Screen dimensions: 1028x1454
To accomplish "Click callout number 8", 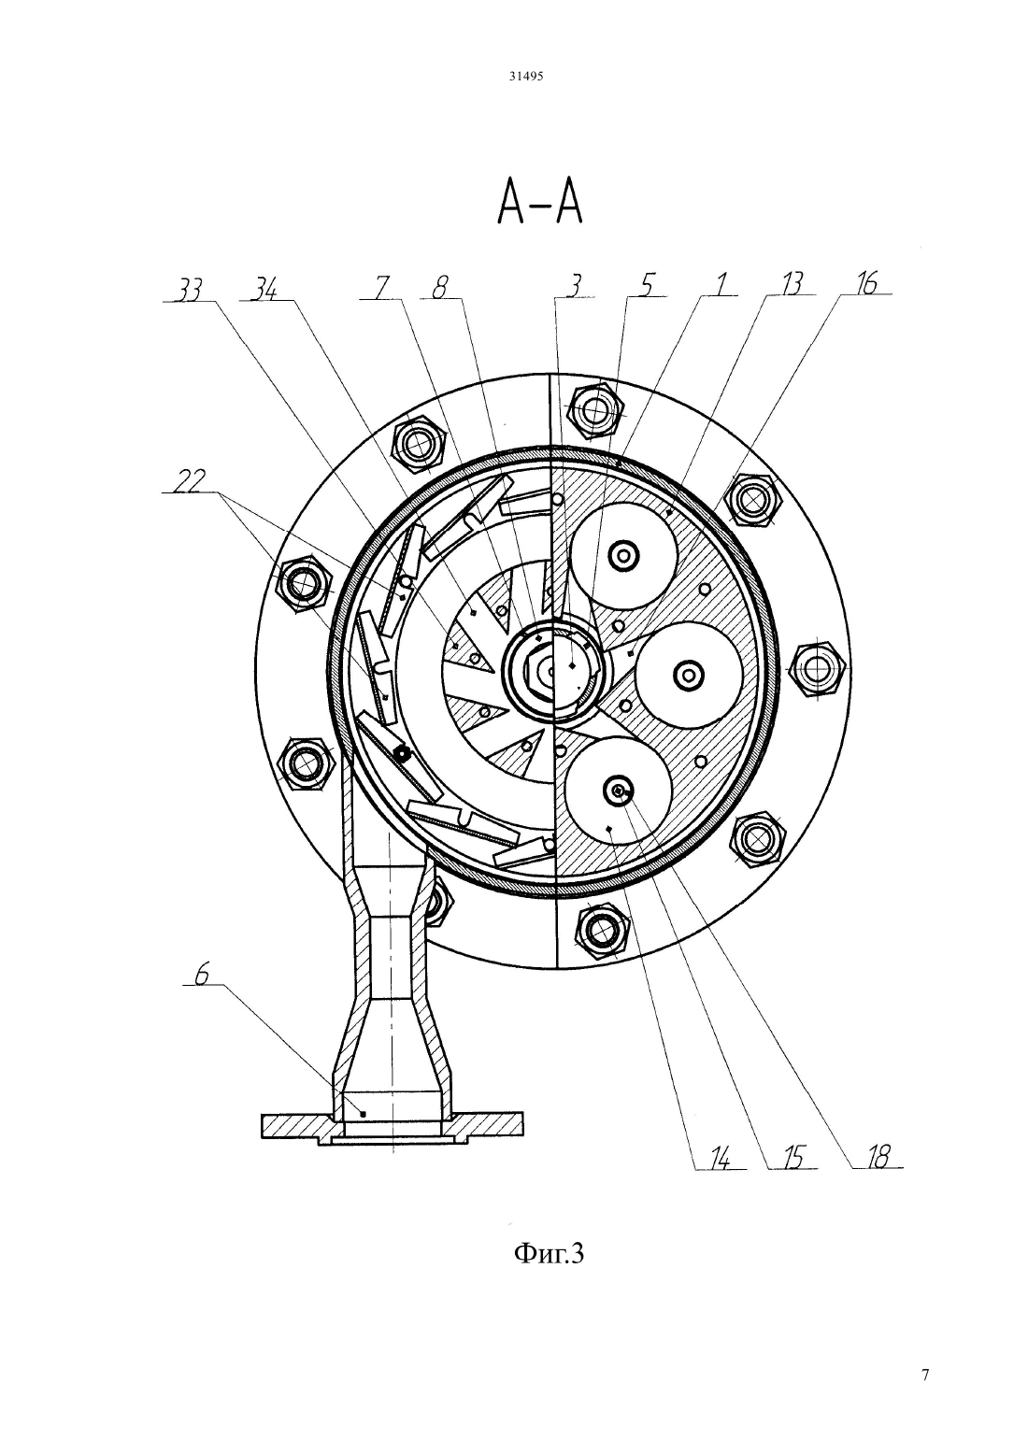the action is pos(440,288).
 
